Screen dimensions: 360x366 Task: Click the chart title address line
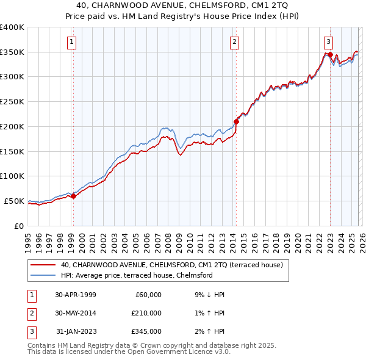click(182, 5)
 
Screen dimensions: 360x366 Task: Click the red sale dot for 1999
click(73, 196)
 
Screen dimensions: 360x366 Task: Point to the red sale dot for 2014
click(236, 121)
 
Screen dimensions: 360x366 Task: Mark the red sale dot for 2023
click(330, 55)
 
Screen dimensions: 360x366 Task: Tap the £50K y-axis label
click(15, 201)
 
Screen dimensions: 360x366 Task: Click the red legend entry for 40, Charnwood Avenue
click(171, 265)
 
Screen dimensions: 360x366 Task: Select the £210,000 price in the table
click(146, 313)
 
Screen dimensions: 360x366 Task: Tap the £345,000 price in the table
click(146, 331)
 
